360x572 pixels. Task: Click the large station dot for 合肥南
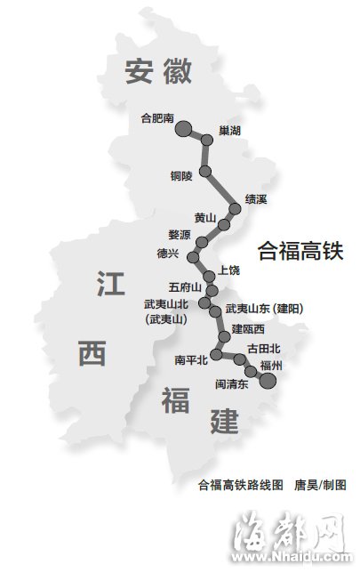pyautogui.click(x=183, y=130)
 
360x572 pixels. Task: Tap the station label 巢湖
pyautogui.click(x=229, y=131)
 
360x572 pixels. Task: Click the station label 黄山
pyautogui.click(x=205, y=216)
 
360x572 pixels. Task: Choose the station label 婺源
pyautogui.click(x=179, y=235)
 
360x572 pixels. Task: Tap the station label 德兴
pyautogui.click(x=168, y=254)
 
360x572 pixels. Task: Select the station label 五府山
pyautogui.click(x=184, y=288)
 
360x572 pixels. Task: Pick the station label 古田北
pyautogui.click(x=264, y=348)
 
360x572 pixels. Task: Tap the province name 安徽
pyautogui.click(x=158, y=70)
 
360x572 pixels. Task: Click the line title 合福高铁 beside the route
pyautogui.click(x=300, y=251)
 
